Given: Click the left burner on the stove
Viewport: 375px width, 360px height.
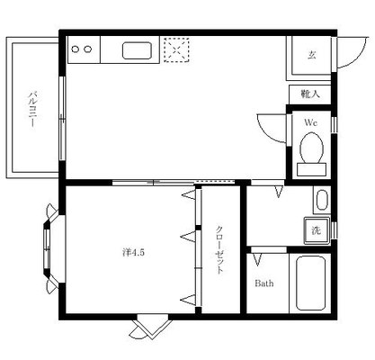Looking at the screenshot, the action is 76,49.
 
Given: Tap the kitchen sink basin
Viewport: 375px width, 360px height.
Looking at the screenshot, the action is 137,50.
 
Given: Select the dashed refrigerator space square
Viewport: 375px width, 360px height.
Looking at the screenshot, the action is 176,49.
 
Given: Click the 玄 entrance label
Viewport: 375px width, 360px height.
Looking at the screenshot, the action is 312,55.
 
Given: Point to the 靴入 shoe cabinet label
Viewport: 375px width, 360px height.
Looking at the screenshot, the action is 310,94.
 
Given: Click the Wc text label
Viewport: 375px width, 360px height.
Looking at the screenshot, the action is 311,122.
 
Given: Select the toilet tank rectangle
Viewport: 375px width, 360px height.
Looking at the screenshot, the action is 311,169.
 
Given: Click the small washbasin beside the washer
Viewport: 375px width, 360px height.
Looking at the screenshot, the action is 322,200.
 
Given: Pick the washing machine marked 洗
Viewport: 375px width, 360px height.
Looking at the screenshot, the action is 317,230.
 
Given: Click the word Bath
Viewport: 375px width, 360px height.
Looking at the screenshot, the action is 264,283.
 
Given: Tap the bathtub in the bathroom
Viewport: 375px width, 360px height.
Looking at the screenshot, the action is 310,283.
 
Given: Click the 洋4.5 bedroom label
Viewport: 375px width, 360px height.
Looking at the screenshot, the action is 134,253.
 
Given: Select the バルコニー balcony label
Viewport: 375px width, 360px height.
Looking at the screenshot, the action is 32,109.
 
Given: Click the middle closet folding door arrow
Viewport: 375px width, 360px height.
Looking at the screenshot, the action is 188,237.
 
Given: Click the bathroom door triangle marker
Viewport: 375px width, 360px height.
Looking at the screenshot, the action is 257,260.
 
